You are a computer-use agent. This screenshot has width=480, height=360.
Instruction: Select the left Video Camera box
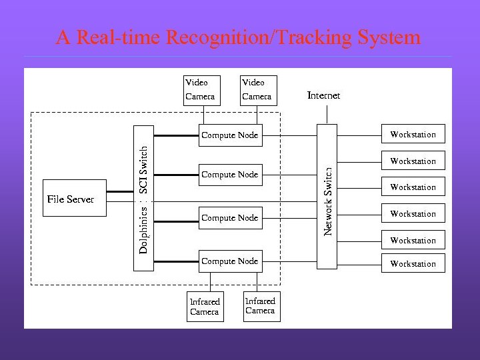point(201,90)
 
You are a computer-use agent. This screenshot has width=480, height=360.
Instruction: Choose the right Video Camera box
point(257,90)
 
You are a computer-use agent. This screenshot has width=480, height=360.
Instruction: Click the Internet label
point(323,95)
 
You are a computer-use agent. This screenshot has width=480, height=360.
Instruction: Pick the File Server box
point(74,199)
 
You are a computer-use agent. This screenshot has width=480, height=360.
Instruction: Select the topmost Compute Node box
point(229,135)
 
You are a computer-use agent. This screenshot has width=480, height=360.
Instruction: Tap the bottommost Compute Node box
point(229,261)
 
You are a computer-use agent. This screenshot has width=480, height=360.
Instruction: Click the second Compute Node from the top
point(229,175)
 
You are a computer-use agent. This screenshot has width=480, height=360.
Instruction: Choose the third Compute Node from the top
point(229,218)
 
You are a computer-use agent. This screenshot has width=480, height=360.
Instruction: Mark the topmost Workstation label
point(413,135)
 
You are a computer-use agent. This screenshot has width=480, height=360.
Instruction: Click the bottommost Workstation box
point(413,264)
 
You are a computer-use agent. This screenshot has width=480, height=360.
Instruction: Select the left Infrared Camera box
point(204,307)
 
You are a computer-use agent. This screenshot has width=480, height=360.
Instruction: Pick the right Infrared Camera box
point(261,306)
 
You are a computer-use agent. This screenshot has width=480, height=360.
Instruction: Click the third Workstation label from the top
point(413,187)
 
